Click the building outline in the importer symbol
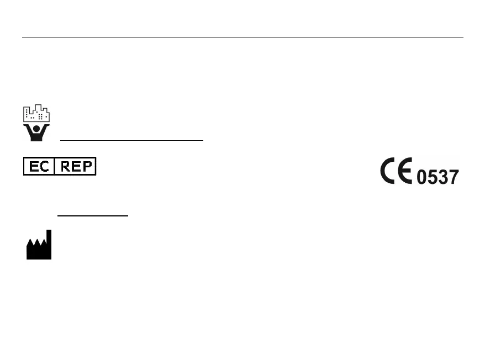36,113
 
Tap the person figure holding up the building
36,131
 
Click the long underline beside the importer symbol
131,140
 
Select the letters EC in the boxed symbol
39,166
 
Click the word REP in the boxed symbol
76,166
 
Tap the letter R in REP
65,166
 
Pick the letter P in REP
87,166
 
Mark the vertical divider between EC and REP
55,166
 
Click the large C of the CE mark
389,171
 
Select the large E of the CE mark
405,171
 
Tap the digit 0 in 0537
422,177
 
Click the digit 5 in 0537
433,177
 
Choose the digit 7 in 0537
454,177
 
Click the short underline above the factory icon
93,215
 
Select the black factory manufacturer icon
39,247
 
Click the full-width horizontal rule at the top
242,38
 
